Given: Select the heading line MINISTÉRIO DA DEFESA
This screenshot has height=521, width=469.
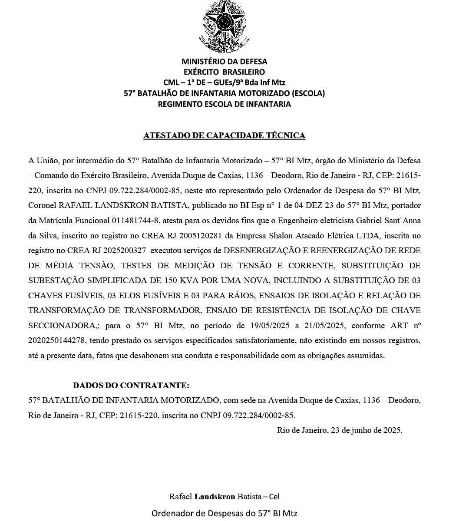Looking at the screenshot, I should coord(224,62).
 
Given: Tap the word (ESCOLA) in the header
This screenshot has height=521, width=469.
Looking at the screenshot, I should coord(308,93).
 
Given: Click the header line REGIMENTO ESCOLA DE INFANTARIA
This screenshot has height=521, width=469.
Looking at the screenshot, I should coord(224,104).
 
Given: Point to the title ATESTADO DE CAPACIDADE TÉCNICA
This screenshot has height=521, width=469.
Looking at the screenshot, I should coord(224,135).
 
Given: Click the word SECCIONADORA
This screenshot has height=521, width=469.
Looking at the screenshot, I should coord(63,326).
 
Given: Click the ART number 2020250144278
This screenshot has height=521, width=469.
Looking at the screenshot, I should coord(56,340).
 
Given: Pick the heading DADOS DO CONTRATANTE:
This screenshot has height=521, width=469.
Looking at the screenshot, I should coord(131,386).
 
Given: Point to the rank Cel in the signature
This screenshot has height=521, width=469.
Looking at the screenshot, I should coord(274,496).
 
